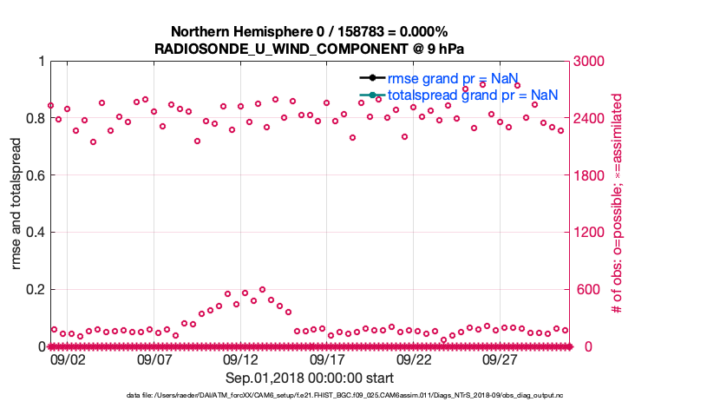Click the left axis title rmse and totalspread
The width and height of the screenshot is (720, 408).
(x=17, y=203)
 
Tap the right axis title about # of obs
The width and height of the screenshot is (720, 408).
(x=619, y=203)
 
